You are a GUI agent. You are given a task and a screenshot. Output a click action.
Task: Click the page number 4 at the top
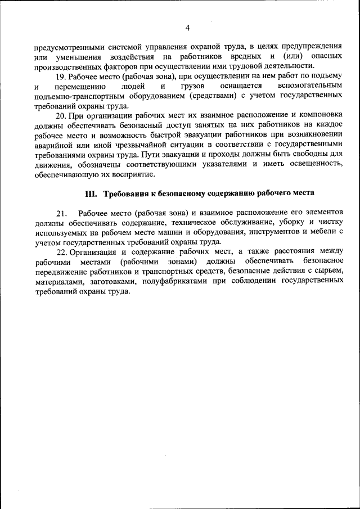[x=187, y=28]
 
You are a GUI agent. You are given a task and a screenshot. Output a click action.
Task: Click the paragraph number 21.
[x=61, y=214]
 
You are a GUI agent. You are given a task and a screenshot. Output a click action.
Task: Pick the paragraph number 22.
[x=61, y=253]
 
